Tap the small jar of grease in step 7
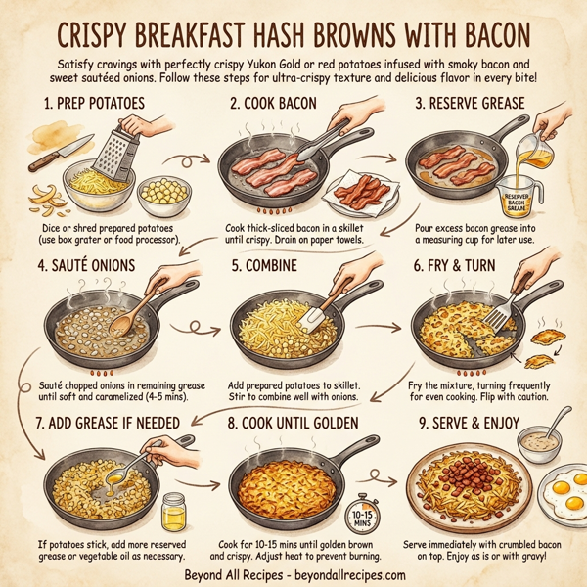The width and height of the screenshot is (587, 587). point(173,511)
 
